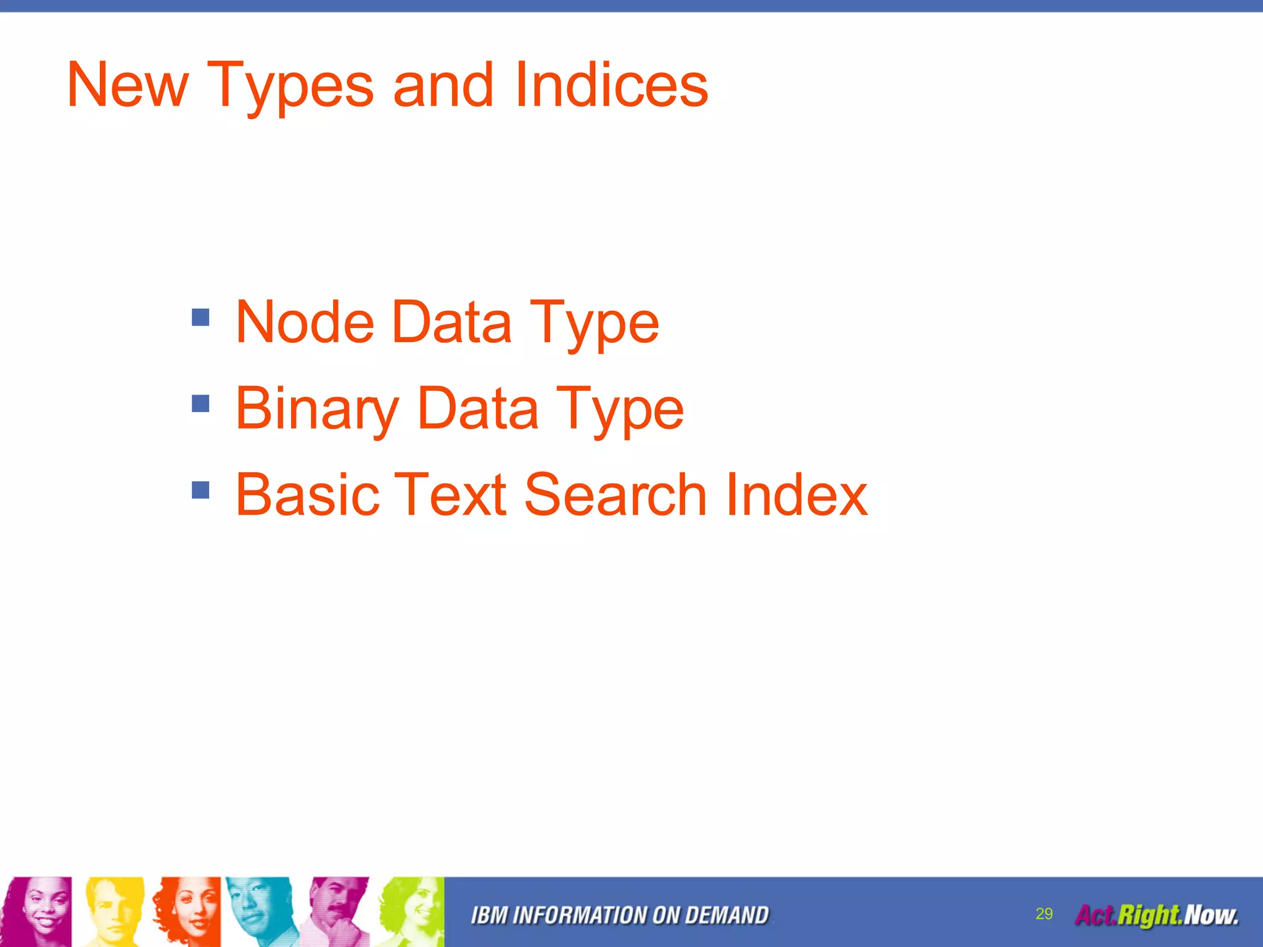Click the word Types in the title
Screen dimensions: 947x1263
pos(290,86)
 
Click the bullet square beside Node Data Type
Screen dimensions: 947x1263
pos(200,318)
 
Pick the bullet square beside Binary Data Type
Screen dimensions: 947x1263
pos(200,404)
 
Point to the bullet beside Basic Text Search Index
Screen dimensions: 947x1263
pos(200,490)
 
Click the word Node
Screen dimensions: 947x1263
pos(305,322)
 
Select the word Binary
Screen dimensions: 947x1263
pos(317,408)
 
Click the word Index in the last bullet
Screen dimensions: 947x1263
pos(796,494)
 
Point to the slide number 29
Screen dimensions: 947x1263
pos(1044,914)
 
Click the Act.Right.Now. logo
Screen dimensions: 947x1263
pos(1156,915)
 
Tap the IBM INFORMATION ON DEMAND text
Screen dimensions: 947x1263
pos(620,916)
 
